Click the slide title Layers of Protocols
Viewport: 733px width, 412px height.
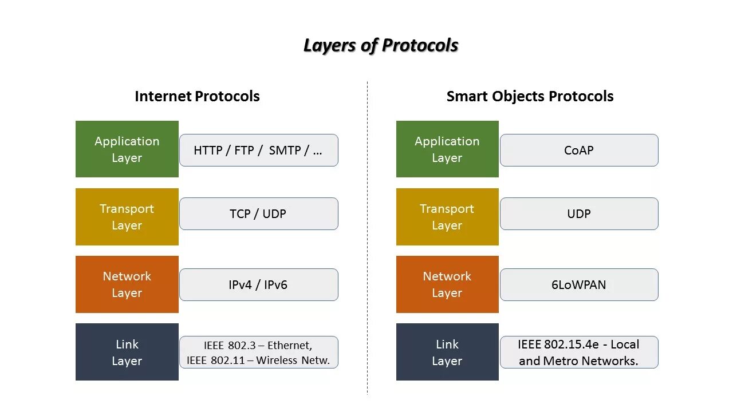[x=381, y=45]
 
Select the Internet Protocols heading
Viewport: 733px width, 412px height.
[x=197, y=96]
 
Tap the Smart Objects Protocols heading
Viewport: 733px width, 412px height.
[x=530, y=96]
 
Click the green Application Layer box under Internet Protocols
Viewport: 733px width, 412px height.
[x=127, y=149]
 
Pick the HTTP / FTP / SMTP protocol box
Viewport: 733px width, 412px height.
[x=258, y=150]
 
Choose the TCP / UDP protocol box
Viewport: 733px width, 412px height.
[x=258, y=214]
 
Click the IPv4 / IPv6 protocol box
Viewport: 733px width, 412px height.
[x=258, y=284]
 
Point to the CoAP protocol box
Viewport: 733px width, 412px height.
[x=579, y=150]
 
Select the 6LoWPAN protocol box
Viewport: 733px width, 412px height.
[x=579, y=284]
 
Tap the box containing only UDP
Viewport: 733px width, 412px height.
[x=579, y=214]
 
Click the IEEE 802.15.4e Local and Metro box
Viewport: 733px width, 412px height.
[x=579, y=352]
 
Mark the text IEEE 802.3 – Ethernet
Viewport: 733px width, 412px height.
[x=258, y=346]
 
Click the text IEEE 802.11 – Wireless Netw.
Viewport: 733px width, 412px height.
[x=258, y=360]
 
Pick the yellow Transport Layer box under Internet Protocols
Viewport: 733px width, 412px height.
[x=127, y=217]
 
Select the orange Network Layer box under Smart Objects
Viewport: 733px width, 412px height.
[x=447, y=284]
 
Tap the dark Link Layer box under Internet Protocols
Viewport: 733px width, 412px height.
[x=127, y=352]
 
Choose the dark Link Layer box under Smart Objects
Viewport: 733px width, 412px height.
[x=447, y=352]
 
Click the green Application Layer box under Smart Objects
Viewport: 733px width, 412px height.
[x=447, y=149]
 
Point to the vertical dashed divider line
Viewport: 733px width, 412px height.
[x=367, y=240]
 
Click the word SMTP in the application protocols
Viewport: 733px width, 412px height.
[x=285, y=150]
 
